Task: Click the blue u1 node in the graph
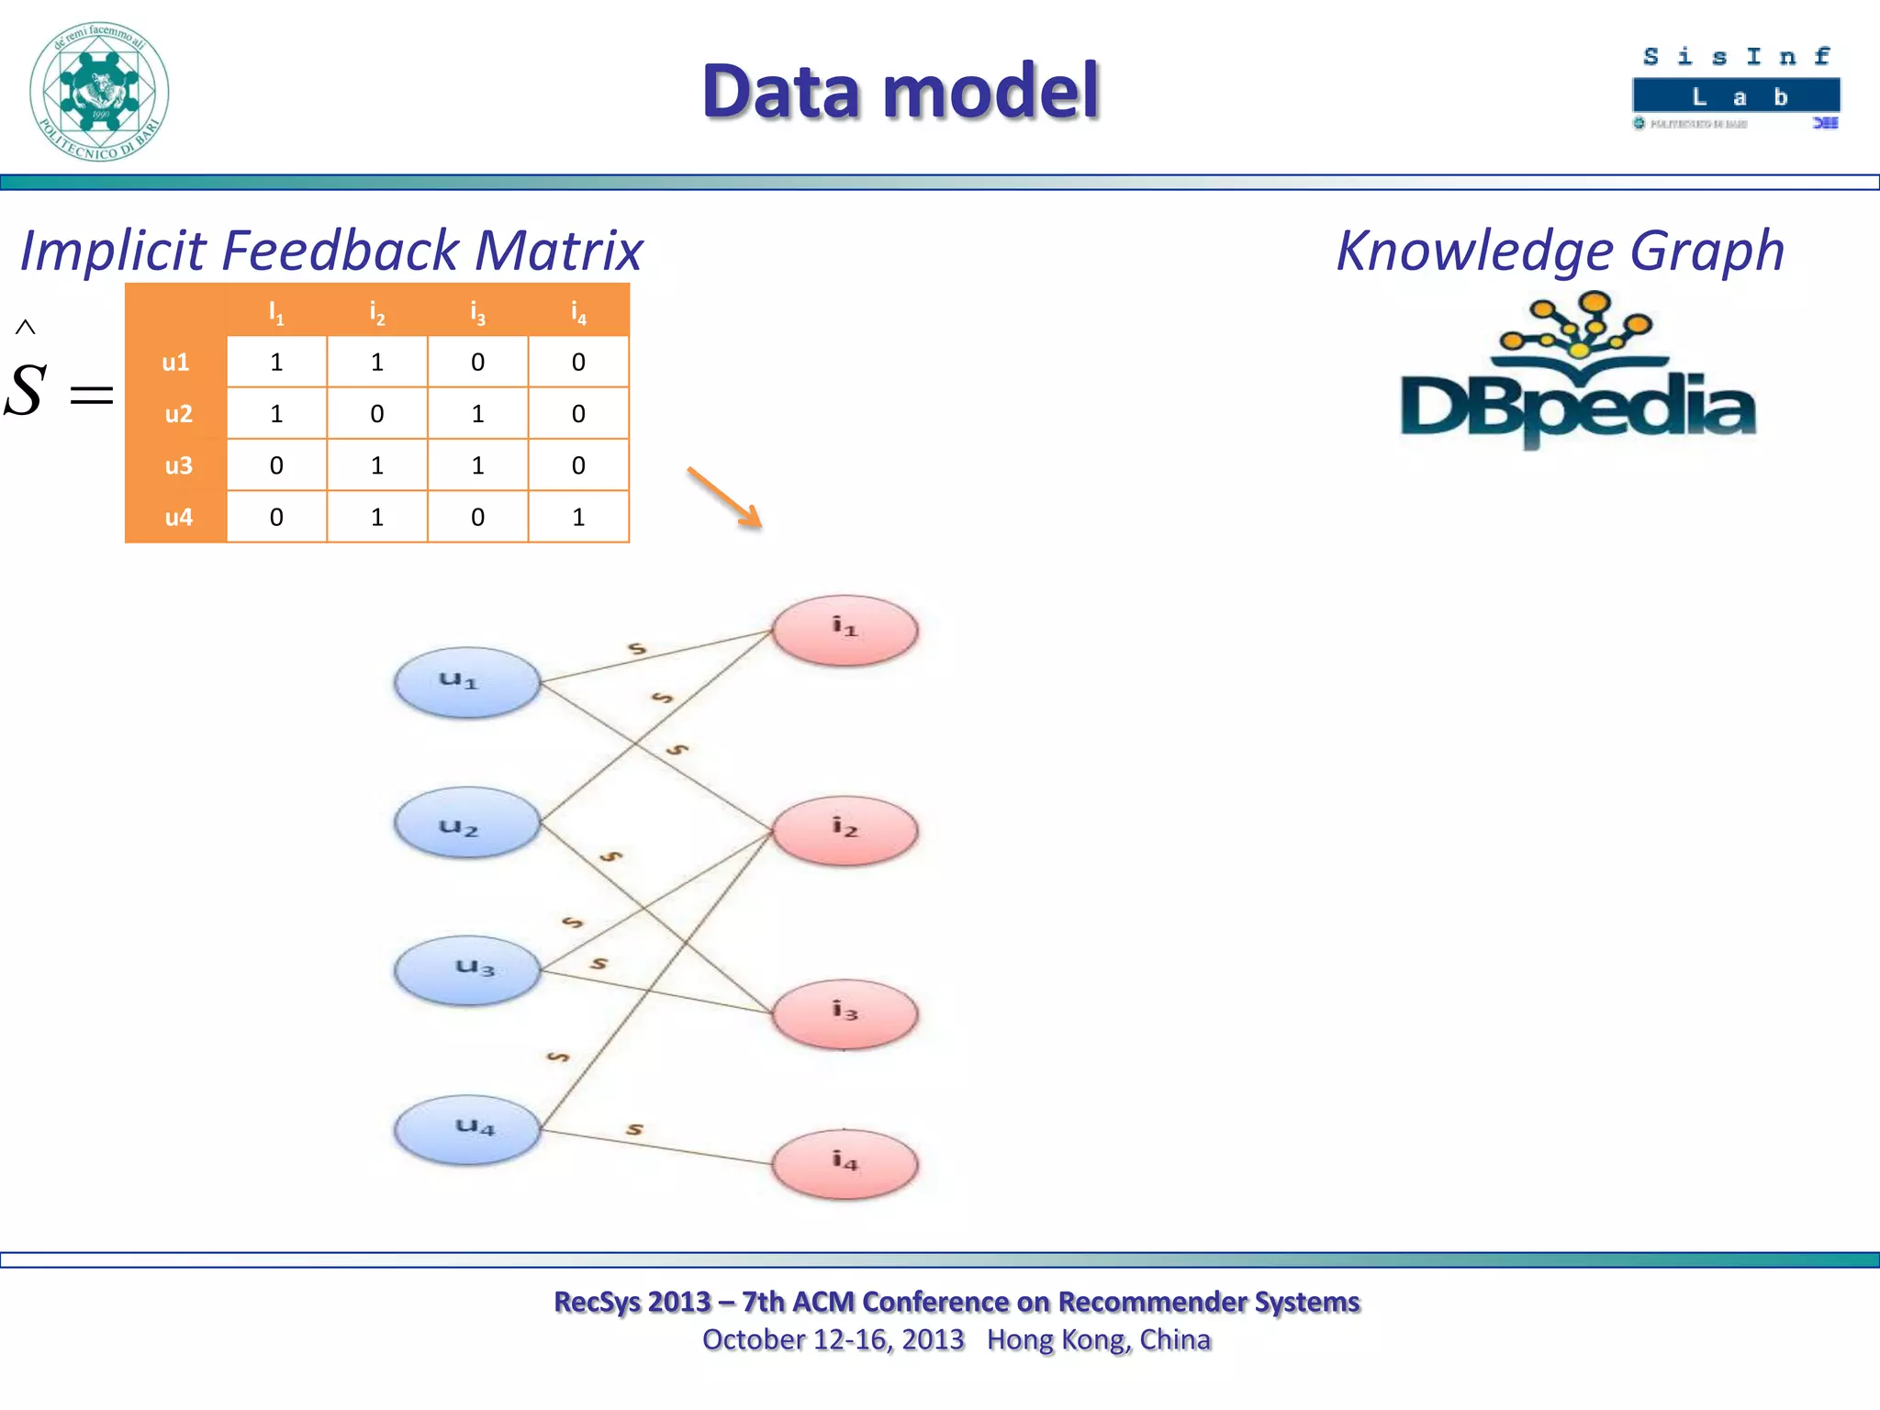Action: (x=466, y=682)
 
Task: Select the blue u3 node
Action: (x=466, y=969)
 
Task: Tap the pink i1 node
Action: (x=845, y=630)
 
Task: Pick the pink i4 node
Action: (x=845, y=1164)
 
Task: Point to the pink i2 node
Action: (x=845, y=830)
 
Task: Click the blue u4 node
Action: (x=466, y=1129)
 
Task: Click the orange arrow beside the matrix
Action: (x=725, y=498)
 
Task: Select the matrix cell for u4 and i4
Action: (x=578, y=517)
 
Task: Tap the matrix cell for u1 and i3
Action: (x=477, y=362)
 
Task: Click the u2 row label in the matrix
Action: (x=177, y=414)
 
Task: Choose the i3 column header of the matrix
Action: (x=477, y=312)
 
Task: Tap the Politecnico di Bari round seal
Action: (x=99, y=92)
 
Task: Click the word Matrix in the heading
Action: (x=558, y=251)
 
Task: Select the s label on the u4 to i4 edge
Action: (x=634, y=1129)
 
